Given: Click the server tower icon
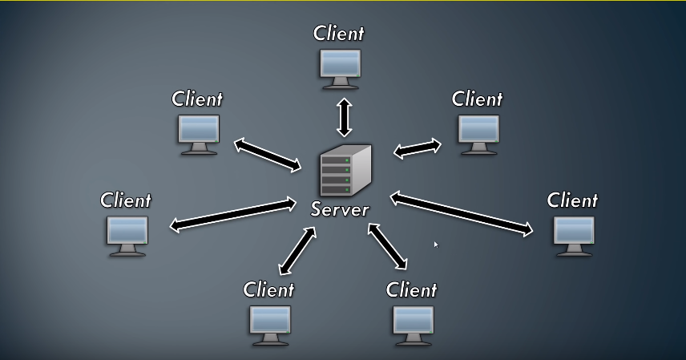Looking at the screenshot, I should (345, 172).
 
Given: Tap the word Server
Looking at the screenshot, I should (340, 210).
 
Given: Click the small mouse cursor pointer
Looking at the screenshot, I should (436, 244).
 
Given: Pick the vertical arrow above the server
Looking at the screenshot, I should (345, 117).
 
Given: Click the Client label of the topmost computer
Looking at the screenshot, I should (338, 34).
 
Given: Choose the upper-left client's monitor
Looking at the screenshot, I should (198, 132).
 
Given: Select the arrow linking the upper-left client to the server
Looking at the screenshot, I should (268, 154).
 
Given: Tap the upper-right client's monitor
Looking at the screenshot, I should (478, 131).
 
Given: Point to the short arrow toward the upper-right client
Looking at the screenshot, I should (418, 148).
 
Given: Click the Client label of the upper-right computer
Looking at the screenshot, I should (477, 99).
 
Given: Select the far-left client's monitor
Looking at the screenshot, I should (127, 233).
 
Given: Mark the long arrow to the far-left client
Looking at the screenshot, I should (233, 215).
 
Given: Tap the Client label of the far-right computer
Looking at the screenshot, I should (572, 200).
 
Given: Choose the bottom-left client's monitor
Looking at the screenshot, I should (269, 322).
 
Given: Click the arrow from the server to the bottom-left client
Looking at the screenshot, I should (295, 250).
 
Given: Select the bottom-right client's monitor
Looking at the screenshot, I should (414, 322).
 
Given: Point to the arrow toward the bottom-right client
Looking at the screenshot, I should (388, 245).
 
